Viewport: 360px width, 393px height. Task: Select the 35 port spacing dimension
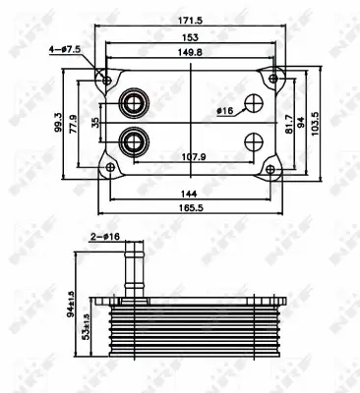[x=95, y=123]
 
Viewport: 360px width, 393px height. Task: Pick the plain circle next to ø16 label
[x=253, y=104]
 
